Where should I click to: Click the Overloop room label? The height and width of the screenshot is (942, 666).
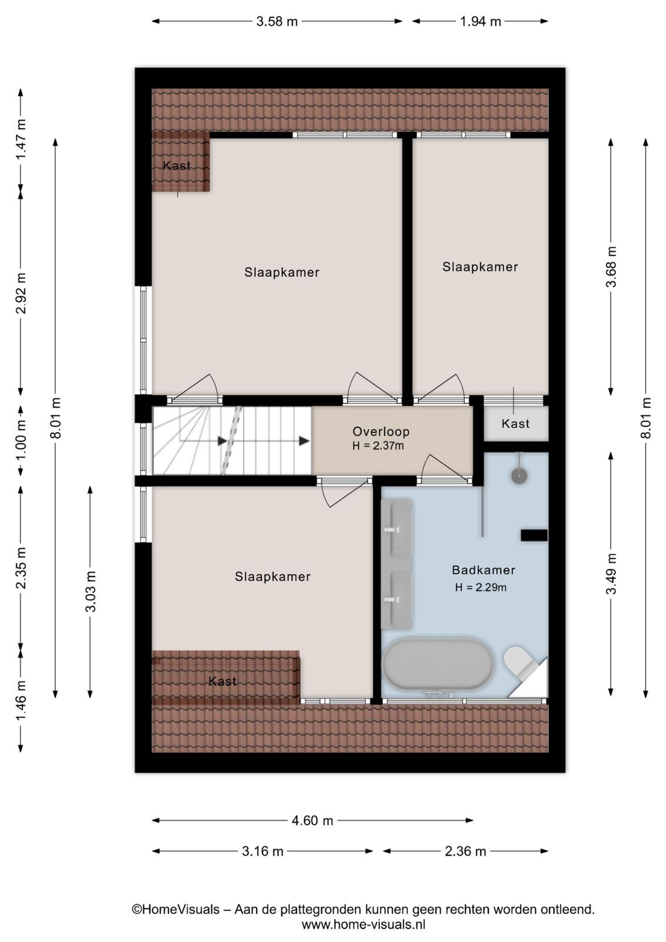click(x=381, y=432)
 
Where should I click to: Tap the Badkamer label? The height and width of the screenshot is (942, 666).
click(x=483, y=570)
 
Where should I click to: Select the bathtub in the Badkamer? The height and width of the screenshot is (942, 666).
click(x=438, y=665)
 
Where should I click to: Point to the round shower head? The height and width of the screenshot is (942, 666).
click(x=520, y=476)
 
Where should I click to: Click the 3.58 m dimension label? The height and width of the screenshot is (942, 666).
click(x=277, y=21)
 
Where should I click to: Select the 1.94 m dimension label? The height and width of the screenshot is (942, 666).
click(x=480, y=21)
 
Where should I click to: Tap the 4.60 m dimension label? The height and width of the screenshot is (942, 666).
click(x=312, y=821)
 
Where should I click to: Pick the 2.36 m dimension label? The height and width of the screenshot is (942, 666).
click(x=465, y=851)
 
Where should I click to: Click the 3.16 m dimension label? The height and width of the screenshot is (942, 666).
click(x=262, y=851)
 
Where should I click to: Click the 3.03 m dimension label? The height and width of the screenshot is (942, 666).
click(x=91, y=591)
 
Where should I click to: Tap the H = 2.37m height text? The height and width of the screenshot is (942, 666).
click(x=378, y=446)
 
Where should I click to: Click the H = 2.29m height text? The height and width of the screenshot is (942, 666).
click(x=481, y=587)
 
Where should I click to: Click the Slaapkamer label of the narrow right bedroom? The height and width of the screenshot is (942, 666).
click(x=480, y=267)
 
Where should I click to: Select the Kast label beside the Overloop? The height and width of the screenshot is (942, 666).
click(x=515, y=423)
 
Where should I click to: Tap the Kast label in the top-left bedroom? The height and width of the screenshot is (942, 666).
click(x=177, y=165)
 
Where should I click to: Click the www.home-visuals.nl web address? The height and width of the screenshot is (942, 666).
click(x=364, y=925)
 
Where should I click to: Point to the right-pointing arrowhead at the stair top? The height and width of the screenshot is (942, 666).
click(x=304, y=441)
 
